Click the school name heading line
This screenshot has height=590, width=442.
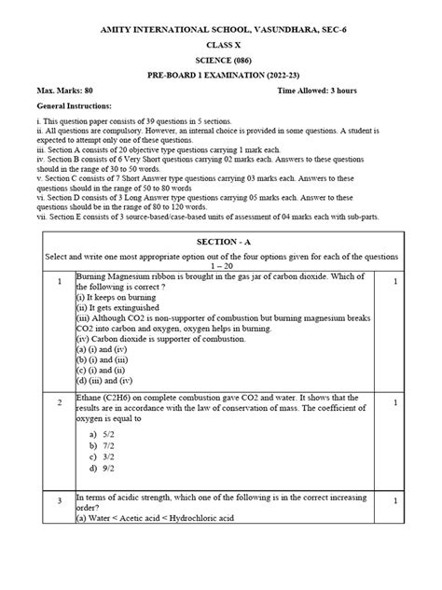221,30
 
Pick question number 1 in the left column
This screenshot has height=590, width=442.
59,281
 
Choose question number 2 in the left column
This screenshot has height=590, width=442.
59,402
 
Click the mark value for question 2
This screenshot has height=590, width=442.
395,402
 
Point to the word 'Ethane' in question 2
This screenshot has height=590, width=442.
93,398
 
